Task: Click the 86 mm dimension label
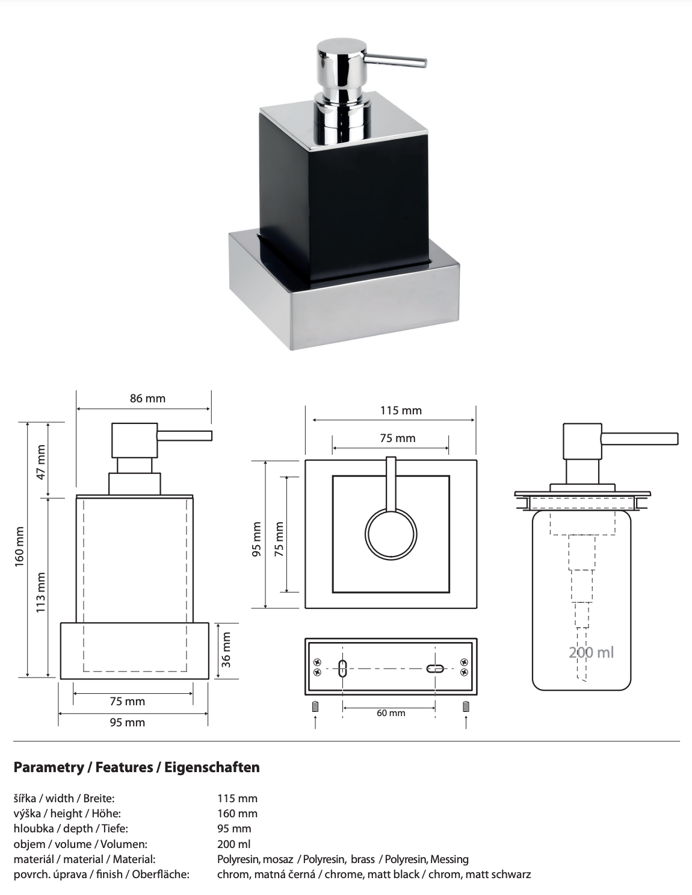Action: point(147,398)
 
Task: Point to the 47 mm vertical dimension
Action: point(41,461)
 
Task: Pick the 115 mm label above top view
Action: point(401,410)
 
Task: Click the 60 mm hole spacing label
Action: point(391,713)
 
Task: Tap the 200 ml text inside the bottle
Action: point(592,652)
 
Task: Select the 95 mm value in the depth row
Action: point(234,829)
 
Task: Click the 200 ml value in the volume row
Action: point(233,844)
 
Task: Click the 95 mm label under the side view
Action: point(127,722)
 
